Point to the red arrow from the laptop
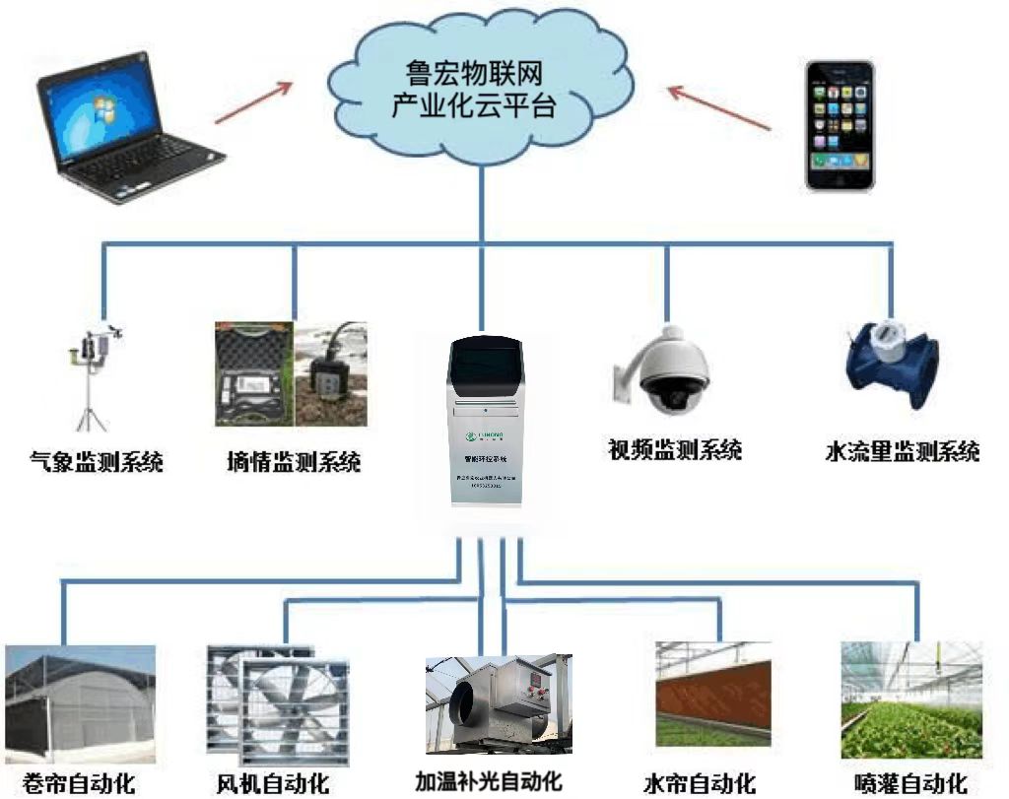click(253, 101)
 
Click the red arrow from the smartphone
click(719, 108)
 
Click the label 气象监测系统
click(96, 461)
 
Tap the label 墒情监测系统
click(293, 461)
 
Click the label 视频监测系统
click(675, 451)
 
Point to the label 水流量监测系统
click(902, 452)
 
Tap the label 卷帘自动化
click(79, 783)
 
